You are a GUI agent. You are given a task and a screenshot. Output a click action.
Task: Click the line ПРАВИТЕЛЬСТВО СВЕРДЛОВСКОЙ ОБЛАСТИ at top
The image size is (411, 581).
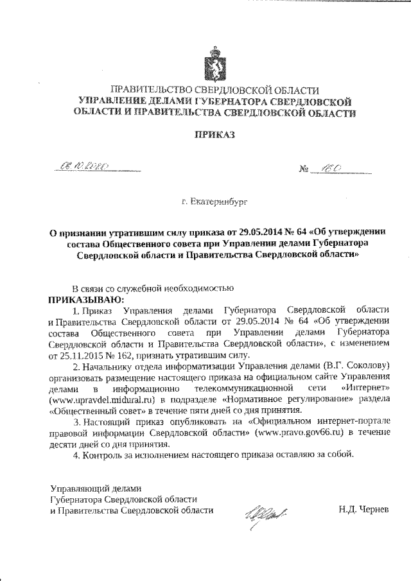pyautogui.click(x=214, y=90)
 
